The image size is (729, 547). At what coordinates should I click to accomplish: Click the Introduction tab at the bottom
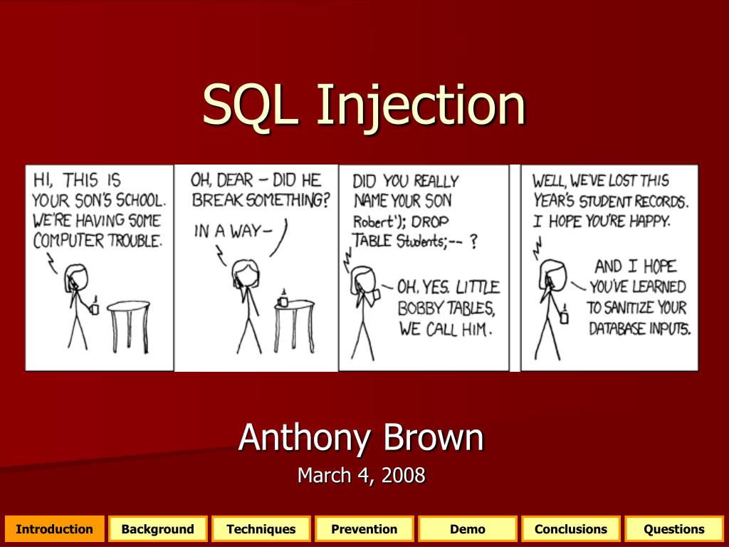click(54, 529)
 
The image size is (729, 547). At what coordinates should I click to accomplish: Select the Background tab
click(157, 529)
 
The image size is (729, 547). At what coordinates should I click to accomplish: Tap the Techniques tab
click(261, 529)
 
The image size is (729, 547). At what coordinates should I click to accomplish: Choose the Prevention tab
click(364, 529)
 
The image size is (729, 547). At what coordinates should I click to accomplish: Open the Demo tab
click(467, 529)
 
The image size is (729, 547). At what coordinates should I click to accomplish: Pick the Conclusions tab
click(570, 529)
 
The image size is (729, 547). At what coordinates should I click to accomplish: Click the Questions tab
click(674, 529)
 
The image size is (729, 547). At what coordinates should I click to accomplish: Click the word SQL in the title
click(250, 105)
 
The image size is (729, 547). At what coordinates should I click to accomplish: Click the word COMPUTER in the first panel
click(68, 241)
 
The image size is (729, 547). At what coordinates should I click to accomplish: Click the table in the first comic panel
click(129, 326)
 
